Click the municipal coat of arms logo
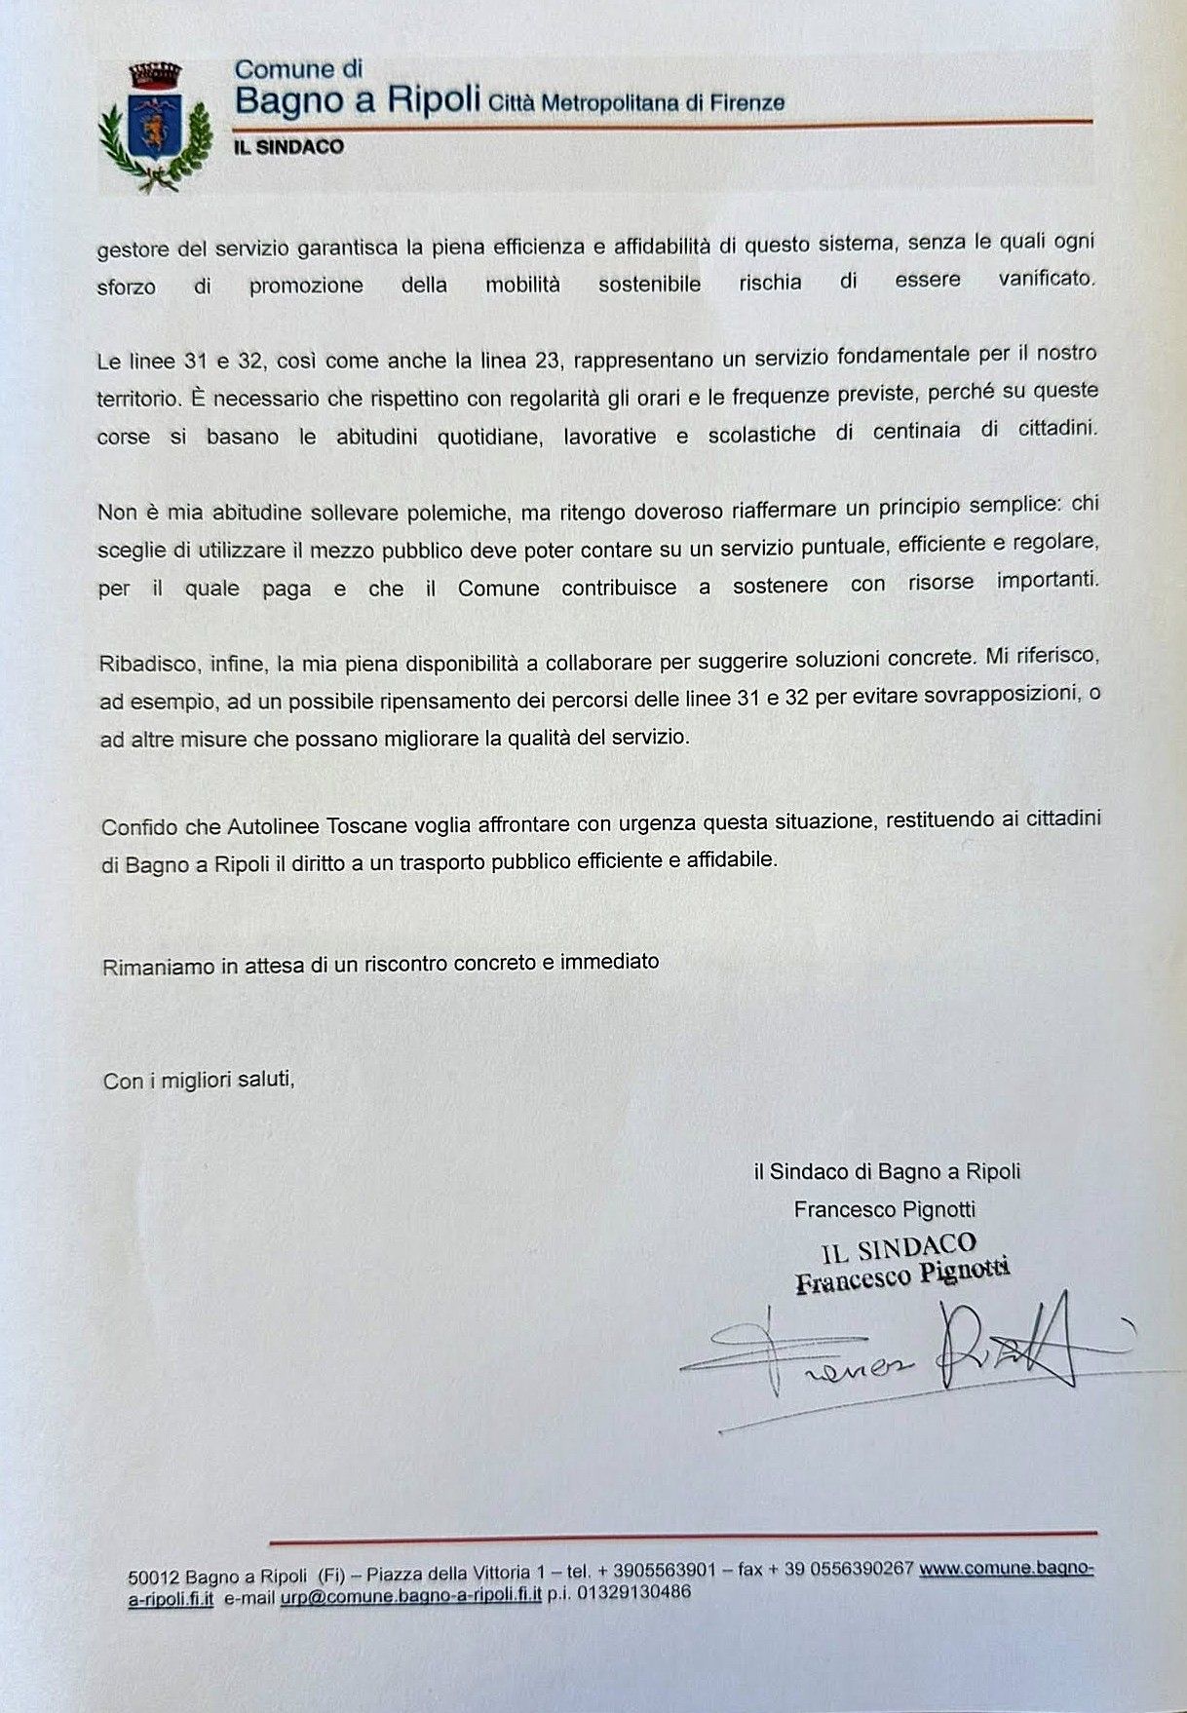[x=155, y=125]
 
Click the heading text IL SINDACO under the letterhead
[x=289, y=147]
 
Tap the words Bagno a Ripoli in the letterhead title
[x=358, y=100]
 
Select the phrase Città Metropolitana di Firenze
[x=636, y=102]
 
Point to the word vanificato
[x=1046, y=278]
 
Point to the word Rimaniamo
[x=149, y=966]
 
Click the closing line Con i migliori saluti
[x=198, y=1081]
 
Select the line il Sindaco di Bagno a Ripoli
[x=886, y=1171]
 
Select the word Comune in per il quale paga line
[x=498, y=589]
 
